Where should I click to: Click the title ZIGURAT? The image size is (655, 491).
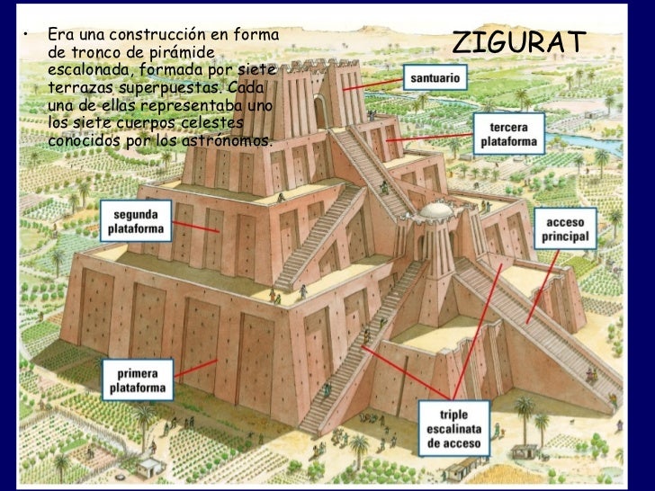(x=518, y=41)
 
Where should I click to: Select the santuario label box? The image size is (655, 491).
(x=436, y=78)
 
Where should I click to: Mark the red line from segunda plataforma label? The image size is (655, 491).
(x=195, y=225)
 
